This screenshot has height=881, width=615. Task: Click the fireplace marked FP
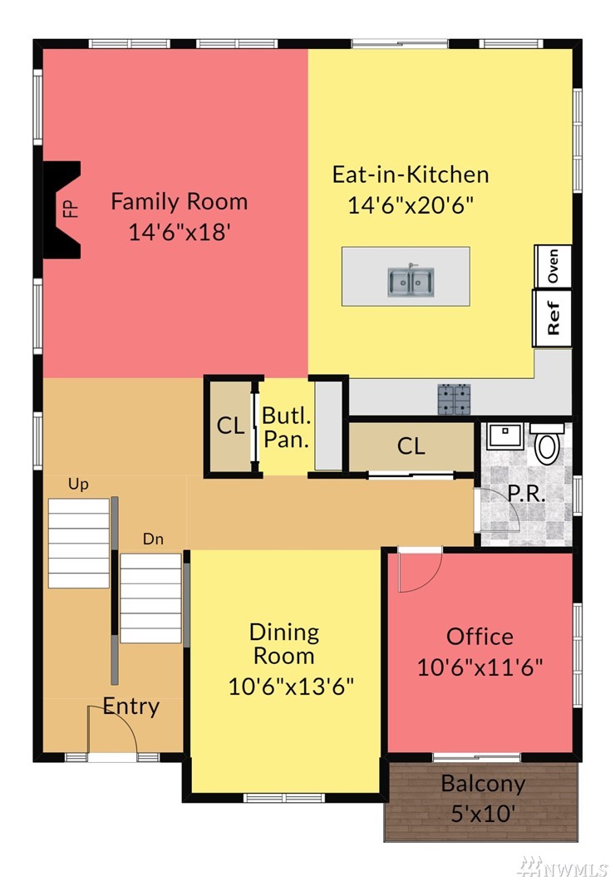click(x=61, y=209)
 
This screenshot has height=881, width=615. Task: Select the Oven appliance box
click(x=553, y=266)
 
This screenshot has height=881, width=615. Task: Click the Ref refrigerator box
click(x=552, y=318)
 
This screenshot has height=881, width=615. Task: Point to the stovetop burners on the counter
click(x=454, y=400)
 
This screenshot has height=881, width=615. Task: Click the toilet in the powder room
click(x=547, y=444)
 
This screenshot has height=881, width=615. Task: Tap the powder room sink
click(x=505, y=436)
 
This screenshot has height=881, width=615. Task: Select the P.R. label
click(x=526, y=494)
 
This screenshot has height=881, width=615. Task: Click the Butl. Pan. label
click(x=287, y=427)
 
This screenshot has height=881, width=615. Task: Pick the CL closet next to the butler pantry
click(x=230, y=426)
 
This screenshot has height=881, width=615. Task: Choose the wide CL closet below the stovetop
click(x=411, y=446)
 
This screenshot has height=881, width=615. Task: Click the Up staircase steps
click(x=79, y=543)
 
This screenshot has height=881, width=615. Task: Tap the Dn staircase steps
click(x=151, y=598)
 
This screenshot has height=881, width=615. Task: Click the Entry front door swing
click(x=111, y=728)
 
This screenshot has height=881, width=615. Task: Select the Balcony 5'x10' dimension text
click(x=483, y=814)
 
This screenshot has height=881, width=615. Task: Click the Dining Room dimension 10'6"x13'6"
click(x=291, y=687)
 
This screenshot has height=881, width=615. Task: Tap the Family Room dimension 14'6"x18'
click(x=180, y=232)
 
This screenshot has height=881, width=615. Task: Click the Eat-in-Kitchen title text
click(x=411, y=175)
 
